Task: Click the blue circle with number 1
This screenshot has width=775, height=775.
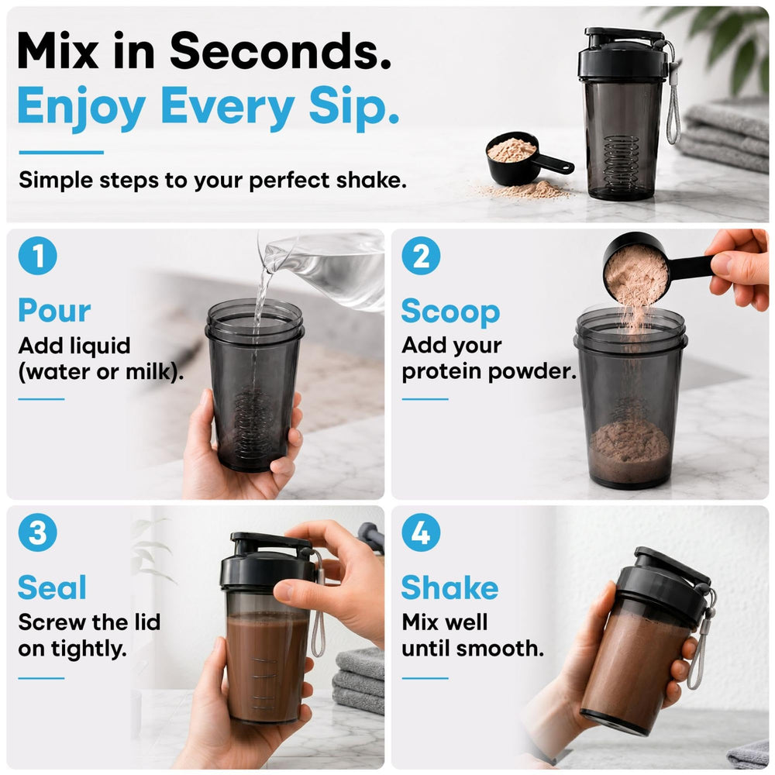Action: [x=37, y=256]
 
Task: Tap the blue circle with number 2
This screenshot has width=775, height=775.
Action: [x=421, y=256]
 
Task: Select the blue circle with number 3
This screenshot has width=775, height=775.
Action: [x=37, y=532]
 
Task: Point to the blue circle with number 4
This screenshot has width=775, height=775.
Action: [x=421, y=532]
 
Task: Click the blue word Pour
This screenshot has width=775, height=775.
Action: [x=54, y=311]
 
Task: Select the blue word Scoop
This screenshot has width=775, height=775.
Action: [x=450, y=312]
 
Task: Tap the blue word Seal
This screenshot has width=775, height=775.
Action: [x=52, y=587]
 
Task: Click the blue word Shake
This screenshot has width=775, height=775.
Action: [x=449, y=587]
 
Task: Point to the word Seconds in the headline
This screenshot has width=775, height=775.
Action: [x=281, y=51]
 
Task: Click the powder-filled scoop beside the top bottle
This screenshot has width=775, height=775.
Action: [x=524, y=158]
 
